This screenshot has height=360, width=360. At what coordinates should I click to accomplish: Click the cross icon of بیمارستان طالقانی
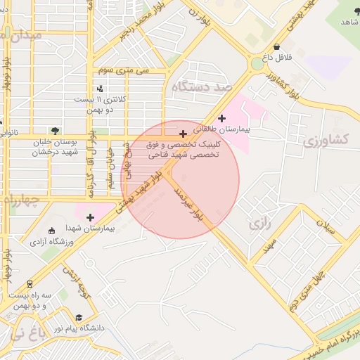click(x=223, y=118)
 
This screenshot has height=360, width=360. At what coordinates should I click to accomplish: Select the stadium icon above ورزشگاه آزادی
click(x=51, y=231)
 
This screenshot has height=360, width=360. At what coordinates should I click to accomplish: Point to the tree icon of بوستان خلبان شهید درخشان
click(x=54, y=130)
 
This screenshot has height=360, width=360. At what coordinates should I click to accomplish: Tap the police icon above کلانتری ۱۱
click(x=100, y=89)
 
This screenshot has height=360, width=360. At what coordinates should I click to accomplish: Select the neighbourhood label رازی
click(x=259, y=224)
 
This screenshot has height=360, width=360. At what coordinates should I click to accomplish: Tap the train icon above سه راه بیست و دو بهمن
click(x=30, y=285)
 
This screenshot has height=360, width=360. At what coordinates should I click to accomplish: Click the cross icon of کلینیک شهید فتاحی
click(x=184, y=134)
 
